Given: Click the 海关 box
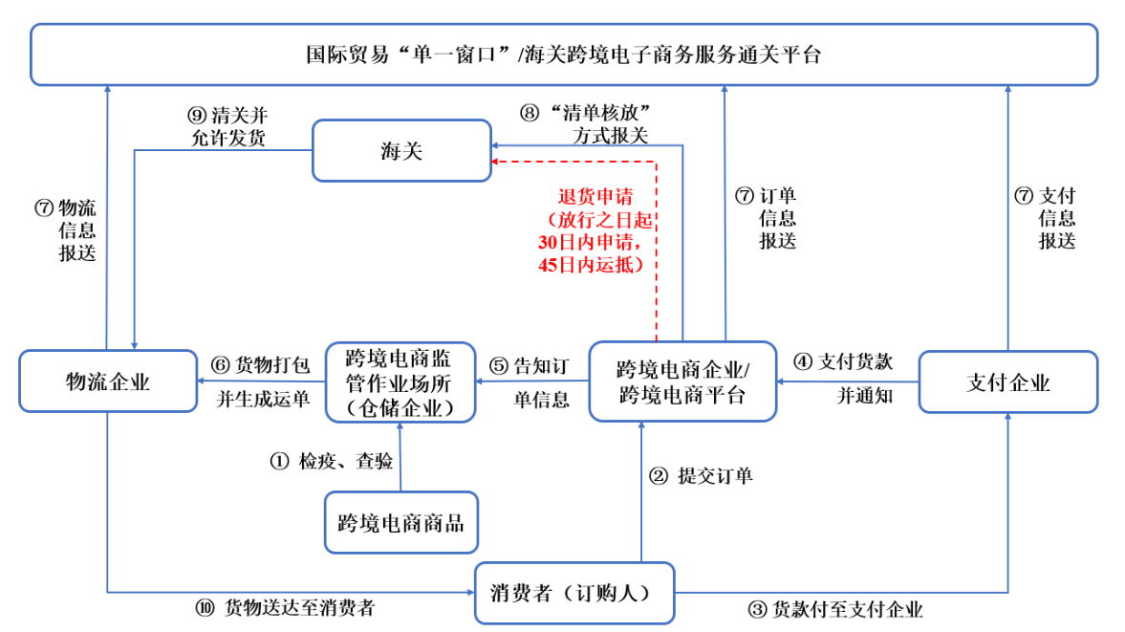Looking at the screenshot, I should click(x=401, y=150).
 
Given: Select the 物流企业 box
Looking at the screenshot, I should click(x=108, y=381).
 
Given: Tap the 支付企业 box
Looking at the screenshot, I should click(x=1007, y=381).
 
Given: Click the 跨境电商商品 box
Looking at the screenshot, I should click(x=400, y=522).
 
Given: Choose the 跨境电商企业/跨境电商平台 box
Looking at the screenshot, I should click(x=682, y=381).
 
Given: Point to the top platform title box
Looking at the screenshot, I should click(x=563, y=54).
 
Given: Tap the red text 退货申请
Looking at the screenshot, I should click(x=595, y=198).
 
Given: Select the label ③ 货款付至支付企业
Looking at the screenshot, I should click(x=834, y=609).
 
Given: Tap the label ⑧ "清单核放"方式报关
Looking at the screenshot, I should click(x=593, y=124).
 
